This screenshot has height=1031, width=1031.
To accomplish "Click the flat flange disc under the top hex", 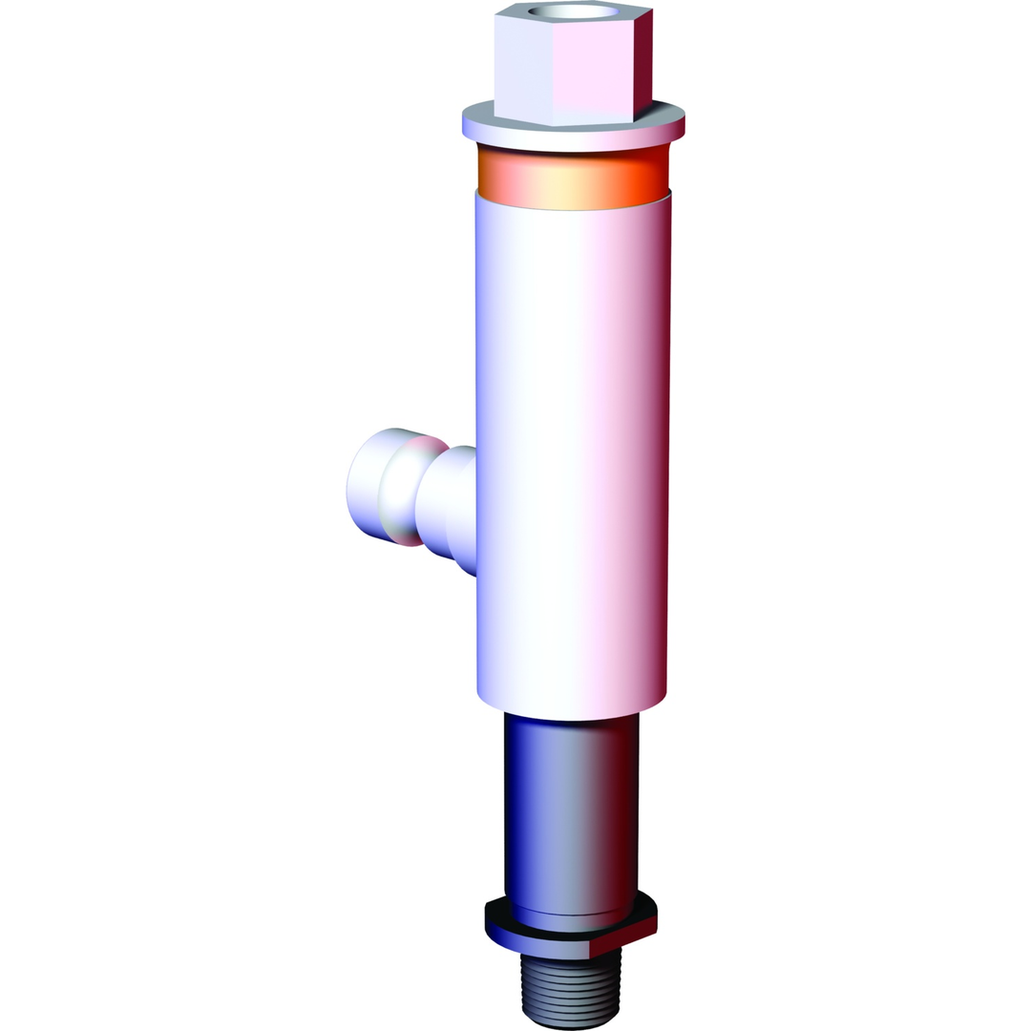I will click(573, 136).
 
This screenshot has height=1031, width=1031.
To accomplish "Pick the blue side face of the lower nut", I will click(535, 946).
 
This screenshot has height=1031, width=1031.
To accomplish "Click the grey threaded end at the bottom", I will click(571, 993).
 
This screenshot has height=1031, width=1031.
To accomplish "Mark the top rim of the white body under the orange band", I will click(573, 202).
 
